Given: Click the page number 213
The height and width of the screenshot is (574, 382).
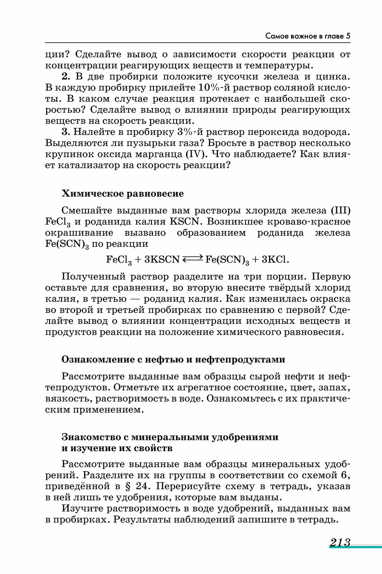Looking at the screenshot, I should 340,543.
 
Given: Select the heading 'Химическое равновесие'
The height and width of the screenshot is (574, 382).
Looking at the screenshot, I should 123,194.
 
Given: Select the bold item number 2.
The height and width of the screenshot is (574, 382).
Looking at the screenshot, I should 66,77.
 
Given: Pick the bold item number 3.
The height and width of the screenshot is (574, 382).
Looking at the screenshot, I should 66,132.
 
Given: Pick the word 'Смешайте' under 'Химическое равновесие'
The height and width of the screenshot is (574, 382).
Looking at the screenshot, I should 85,211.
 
